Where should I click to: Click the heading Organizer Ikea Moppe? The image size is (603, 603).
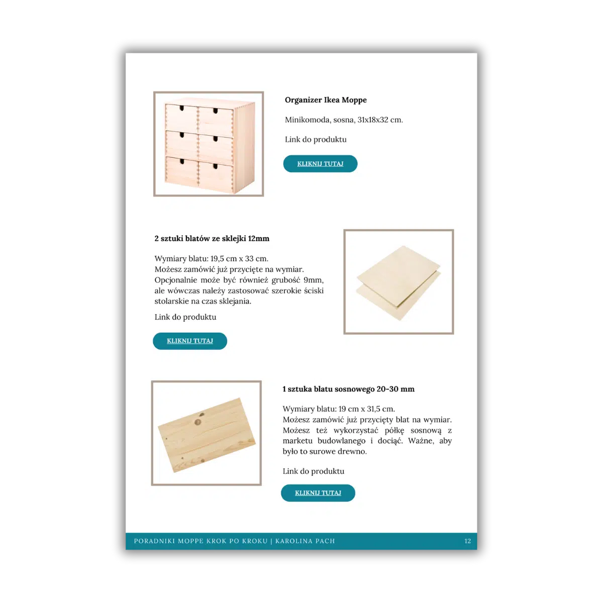pos(326,100)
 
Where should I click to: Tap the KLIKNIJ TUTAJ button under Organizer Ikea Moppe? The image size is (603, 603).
pos(320,164)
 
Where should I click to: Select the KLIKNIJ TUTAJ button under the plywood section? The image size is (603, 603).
pos(189,341)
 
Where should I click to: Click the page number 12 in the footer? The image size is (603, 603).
pos(467,541)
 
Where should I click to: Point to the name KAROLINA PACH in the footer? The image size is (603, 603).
pos(305,541)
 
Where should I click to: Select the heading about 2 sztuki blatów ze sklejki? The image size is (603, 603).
pos(212,239)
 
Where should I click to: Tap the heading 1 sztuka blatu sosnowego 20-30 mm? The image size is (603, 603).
pos(348,389)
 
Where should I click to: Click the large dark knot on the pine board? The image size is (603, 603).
pos(198,422)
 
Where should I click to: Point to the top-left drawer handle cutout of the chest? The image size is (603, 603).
pos(181,108)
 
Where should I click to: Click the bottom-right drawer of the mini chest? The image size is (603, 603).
pos(216,176)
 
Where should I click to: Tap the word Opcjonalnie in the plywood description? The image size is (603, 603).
pos(176,280)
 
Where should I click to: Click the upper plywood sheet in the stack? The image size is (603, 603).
pos(398,272)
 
